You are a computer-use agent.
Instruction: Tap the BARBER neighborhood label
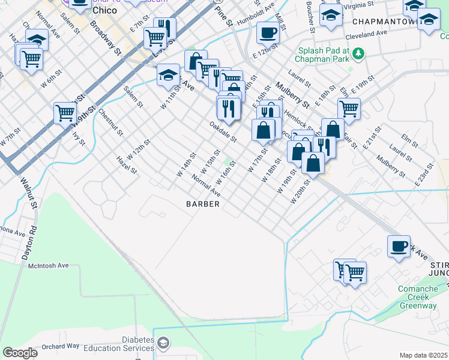203,204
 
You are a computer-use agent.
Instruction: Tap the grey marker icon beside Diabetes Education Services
163,343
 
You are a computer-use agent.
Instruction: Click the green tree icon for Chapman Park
358,55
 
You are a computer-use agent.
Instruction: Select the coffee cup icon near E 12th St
268,32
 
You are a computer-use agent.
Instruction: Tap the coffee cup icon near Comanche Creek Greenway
399,246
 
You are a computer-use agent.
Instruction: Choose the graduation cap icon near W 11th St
168,75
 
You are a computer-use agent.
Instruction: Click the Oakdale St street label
223,132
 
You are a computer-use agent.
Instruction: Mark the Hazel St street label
127,165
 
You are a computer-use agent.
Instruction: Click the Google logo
20,353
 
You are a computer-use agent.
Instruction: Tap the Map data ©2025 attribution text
423,355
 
